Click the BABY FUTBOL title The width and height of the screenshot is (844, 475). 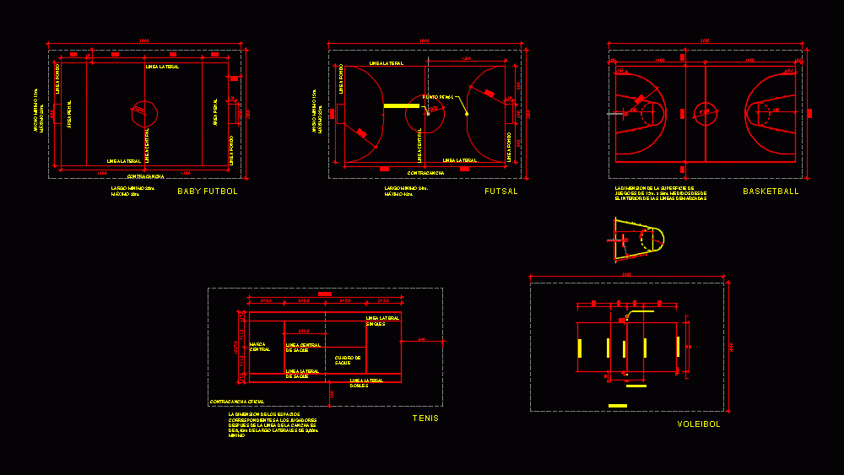coord(208,192)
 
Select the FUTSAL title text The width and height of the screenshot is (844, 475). coord(501,192)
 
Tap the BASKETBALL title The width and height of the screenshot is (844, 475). coord(771,192)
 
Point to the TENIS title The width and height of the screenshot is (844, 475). coord(425,418)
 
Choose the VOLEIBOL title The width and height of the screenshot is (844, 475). coord(699,424)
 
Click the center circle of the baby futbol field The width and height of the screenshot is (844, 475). coord(144,111)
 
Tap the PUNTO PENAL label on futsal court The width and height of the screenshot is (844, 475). coord(438,97)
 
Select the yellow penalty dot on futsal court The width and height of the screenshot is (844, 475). coord(466,114)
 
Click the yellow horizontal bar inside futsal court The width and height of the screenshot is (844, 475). coord(402,106)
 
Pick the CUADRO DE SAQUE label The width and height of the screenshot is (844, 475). coord(348,359)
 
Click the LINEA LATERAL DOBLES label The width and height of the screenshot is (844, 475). coord(366,382)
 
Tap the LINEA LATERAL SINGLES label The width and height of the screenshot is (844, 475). coord(382,321)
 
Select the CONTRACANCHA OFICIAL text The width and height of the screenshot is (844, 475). coord(237,401)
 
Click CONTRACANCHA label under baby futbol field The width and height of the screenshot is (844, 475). coord(145,176)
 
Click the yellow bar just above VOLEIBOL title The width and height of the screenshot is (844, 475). coord(618,406)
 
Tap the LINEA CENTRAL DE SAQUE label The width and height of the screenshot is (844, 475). coord(303,348)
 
